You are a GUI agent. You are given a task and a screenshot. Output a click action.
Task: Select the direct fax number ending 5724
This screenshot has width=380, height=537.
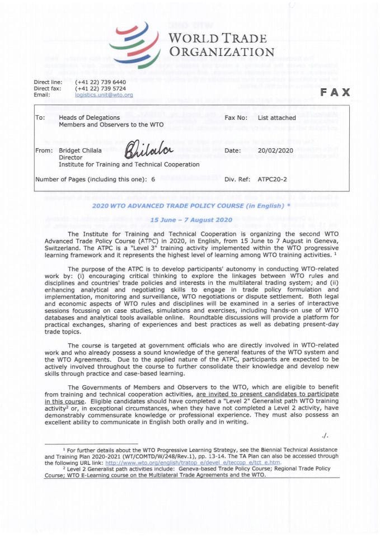pos(100,88)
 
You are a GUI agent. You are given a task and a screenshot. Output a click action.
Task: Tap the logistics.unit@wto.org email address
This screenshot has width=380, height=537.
pos(104,95)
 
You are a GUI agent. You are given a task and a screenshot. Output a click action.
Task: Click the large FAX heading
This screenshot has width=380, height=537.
pos(335,92)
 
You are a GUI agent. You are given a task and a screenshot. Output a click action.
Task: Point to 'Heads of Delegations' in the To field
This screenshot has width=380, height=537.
pos(89,117)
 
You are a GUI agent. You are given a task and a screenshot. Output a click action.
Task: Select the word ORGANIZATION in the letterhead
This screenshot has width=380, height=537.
pos(222,53)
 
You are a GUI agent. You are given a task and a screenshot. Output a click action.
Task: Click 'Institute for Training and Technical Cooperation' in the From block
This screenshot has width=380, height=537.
pos(129,164)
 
